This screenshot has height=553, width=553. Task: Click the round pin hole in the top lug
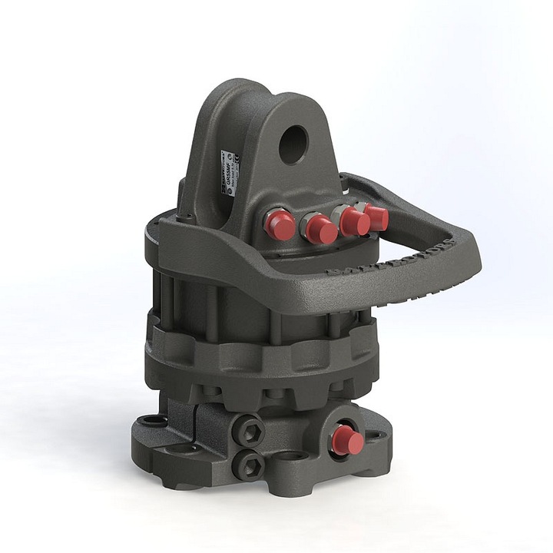pos(293,144)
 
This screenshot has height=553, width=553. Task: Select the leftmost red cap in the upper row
pos(279,224)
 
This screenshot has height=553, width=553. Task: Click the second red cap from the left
pos(320,228)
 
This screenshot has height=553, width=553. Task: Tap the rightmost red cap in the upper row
pos(376,217)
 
